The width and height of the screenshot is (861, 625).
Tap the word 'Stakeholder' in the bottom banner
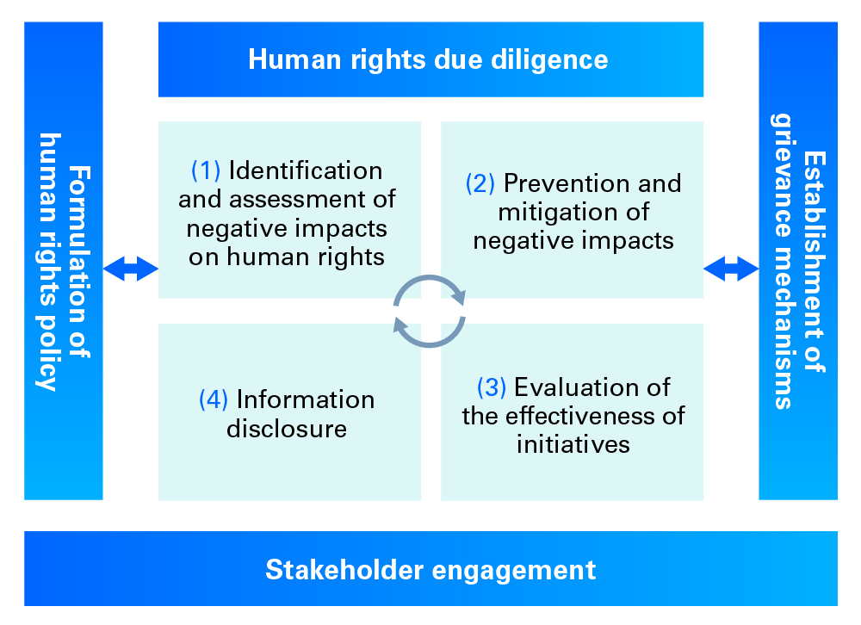coord(327,570)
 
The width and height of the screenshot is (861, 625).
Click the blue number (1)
coord(206,170)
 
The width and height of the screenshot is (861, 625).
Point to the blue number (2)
coord(480,183)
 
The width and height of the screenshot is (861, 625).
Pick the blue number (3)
coord(492,387)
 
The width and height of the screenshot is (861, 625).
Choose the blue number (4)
coord(214,399)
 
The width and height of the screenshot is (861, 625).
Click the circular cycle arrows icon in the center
coord(430,311)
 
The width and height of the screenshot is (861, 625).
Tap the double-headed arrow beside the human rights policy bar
coord(131,269)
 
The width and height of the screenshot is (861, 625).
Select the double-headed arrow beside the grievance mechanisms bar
coord(731,269)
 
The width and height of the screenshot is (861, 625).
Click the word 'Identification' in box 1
coord(306,170)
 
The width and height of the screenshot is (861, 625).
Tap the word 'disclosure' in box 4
coord(287,428)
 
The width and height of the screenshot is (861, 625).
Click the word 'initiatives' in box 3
coord(573,444)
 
